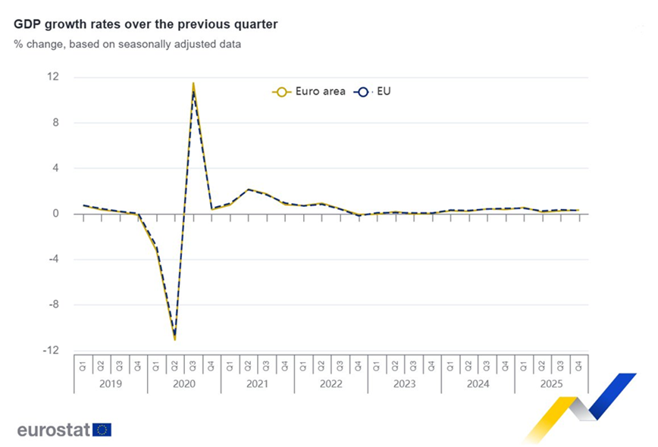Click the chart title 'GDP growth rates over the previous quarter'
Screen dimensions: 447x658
(146, 24)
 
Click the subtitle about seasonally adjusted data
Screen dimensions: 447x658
(127, 44)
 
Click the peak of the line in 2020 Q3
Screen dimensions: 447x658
(193, 84)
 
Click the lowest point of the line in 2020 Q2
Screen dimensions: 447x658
(175, 338)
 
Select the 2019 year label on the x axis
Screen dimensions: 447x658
(111, 384)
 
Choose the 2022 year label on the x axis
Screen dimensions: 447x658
(331, 384)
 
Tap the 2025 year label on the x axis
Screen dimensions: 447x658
(551, 384)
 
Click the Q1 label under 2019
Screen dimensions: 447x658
(83, 366)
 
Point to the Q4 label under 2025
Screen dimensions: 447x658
(579, 366)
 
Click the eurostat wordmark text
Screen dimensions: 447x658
(53, 430)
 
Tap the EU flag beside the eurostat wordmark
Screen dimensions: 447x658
(102, 430)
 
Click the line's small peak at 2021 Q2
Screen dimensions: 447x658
(249, 189)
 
